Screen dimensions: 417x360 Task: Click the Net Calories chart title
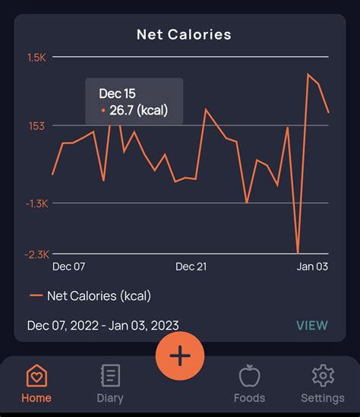[x=184, y=34]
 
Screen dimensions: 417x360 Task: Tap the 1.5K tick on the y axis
[x=36, y=57]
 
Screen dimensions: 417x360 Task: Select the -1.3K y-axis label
[x=36, y=204]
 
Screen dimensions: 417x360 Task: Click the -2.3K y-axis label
[x=36, y=254]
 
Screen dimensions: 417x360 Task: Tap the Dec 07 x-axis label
[x=68, y=267]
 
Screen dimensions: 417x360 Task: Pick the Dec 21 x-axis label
[x=191, y=267]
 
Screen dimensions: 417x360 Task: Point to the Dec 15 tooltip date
[x=117, y=93]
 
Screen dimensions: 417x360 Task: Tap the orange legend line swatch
[x=36, y=295]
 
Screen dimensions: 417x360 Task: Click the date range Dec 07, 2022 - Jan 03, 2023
[x=103, y=325]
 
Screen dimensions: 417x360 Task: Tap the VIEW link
[x=311, y=325]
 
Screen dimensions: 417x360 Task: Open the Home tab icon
[x=36, y=376]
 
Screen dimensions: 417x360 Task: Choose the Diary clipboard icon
[x=110, y=376]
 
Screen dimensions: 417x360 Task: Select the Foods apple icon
[x=249, y=376]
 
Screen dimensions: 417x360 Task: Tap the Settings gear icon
[x=323, y=376]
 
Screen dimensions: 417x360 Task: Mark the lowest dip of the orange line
[x=298, y=252]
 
